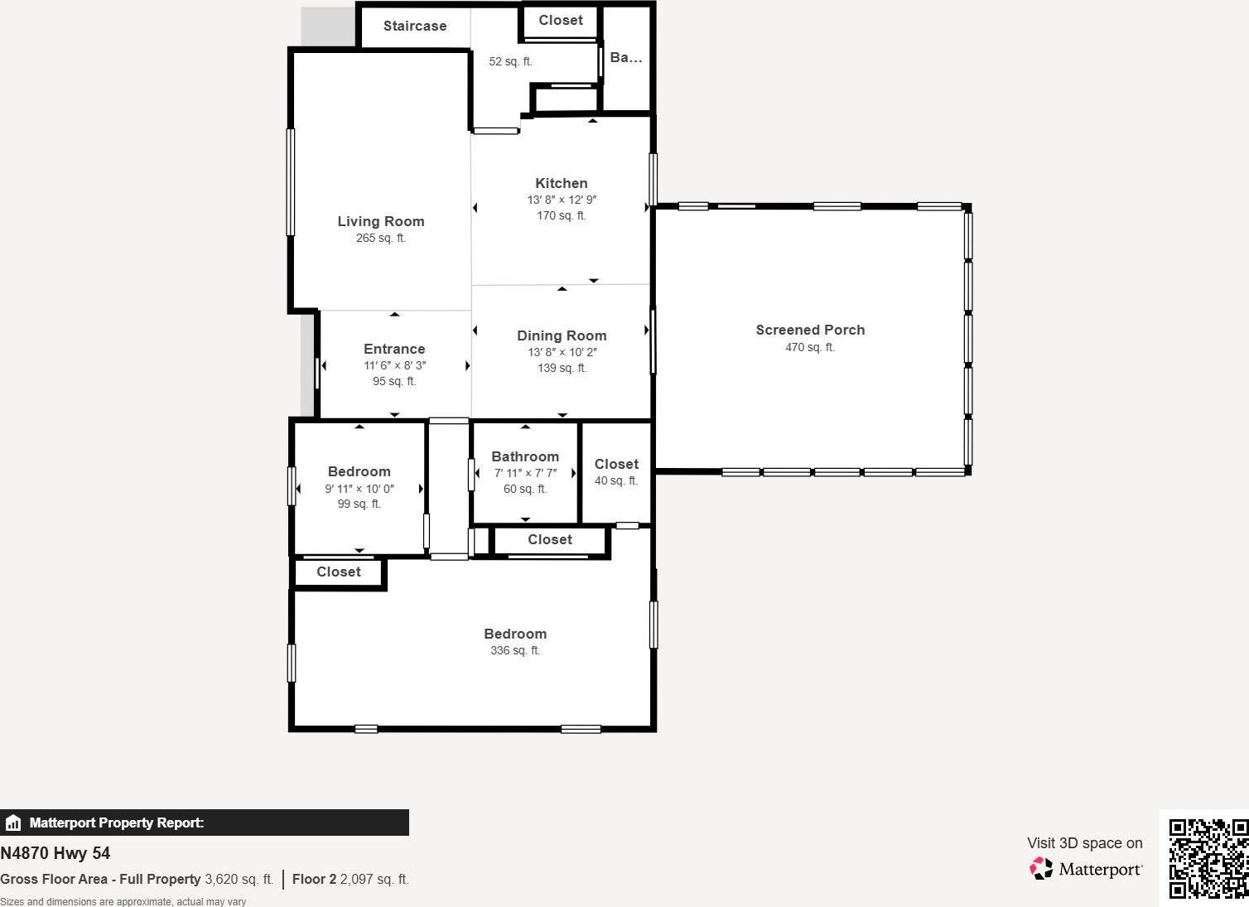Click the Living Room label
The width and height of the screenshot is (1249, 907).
(x=381, y=221)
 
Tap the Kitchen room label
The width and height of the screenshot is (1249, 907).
(x=562, y=183)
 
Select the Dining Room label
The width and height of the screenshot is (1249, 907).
(x=562, y=335)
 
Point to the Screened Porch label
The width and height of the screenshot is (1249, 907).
(x=810, y=330)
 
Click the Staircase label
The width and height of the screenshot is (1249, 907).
(x=415, y=26)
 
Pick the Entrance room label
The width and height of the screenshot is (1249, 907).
(x=394, y=349)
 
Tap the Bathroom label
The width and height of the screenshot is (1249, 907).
(x=525, y=456)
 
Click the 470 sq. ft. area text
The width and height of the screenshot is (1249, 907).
(x=810, y=347)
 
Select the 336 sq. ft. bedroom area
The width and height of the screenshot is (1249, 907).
(x=515, y=650)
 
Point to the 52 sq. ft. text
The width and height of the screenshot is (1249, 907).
(x=511, y=61)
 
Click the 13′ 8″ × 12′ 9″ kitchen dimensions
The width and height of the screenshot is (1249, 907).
(x=562, y=200)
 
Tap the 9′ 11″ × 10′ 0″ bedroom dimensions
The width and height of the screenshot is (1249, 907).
(x=359, y=489)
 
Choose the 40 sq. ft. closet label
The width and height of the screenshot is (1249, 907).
(x=616, y=480)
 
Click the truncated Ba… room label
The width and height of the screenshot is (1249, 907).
(x=626, y=57)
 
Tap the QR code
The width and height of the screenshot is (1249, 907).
(x=1208, y=858)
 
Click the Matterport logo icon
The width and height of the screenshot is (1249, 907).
(x=1041, y=869)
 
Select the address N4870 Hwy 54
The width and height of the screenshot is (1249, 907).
(x=55, y=853)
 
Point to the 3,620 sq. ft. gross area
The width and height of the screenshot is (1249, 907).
(x=239, y=879)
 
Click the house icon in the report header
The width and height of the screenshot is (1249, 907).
(x=12, y=823)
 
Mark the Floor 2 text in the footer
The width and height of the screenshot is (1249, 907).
(x=315, y=879)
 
